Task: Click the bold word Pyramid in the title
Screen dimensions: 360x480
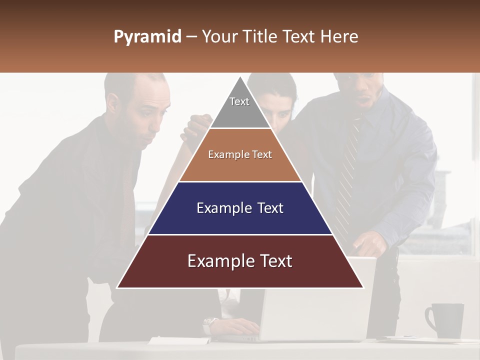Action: (x=147, y=37)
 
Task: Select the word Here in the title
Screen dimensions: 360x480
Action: (x=339, y=37)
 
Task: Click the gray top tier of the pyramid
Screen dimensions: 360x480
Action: (x=239, y=107)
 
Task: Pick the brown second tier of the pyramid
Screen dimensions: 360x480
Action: (x=240, y=155)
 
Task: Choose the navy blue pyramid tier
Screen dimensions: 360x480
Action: (x=240, y=208)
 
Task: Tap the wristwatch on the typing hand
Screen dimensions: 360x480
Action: (x=209, y=325)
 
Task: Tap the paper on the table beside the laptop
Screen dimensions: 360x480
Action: (x=170, y=341)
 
